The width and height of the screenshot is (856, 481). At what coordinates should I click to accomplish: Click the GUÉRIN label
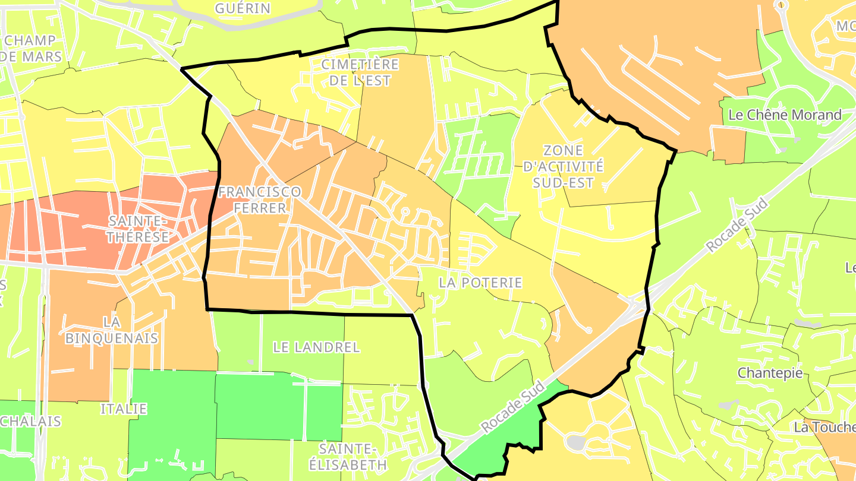pos(243,8)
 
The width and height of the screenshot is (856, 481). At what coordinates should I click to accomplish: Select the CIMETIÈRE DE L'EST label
pos(360,72)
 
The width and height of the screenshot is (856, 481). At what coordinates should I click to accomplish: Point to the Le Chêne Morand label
pos(785,115)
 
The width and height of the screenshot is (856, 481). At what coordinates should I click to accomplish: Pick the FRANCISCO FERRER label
pos(259,200)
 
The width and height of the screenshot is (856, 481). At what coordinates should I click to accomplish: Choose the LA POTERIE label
pos(480,283)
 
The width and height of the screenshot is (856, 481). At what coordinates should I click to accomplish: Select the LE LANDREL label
pos(316,347)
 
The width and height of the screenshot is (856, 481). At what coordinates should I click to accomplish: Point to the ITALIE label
pos(123,409)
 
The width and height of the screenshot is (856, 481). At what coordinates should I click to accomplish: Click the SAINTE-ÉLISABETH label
pos(353,456)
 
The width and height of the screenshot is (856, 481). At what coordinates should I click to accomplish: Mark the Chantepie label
pos(769,373)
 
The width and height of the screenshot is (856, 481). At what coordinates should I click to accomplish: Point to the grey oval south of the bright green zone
pos(575,442)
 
